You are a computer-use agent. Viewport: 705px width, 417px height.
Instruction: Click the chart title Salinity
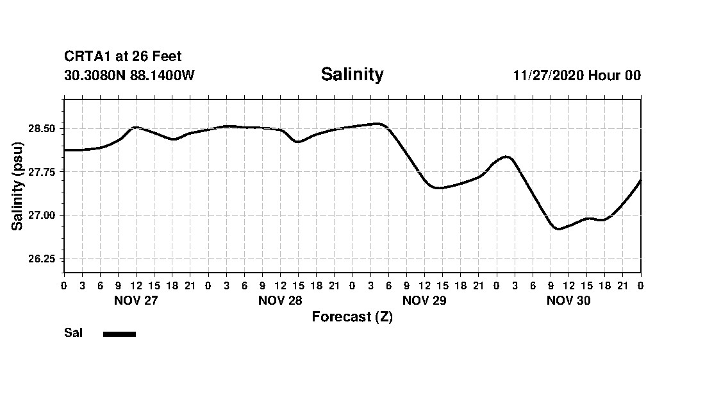(352, 74)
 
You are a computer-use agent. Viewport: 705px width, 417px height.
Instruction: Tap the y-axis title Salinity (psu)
(19, 186)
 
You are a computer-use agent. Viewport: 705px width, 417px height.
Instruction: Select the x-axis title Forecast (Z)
(352, 317)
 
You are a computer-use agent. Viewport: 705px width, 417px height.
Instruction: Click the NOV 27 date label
(136, 301)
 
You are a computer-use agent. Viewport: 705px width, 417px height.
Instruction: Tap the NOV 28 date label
(280, 301)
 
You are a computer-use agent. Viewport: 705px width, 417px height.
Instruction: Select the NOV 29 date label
(424, 301)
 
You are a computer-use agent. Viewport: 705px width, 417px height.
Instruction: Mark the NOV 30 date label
(568, 301)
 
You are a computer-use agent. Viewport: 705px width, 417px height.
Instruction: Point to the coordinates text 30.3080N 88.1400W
(129, 76)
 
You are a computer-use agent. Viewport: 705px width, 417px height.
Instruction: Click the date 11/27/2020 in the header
(548, 76)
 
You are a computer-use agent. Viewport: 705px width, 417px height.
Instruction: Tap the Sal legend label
(74, 333)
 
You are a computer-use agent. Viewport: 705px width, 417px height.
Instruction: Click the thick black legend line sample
(119, 334)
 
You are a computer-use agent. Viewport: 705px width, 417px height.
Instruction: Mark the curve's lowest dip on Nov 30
(559, 228)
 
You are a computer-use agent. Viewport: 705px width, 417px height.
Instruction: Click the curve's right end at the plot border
(640, 181)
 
